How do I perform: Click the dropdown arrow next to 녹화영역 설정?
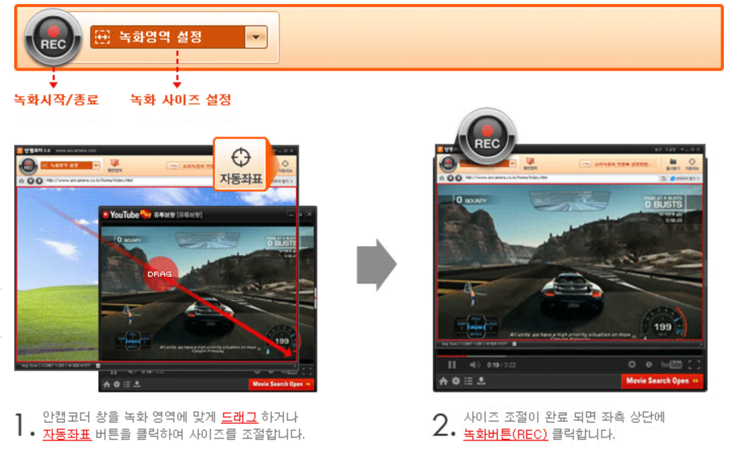tap(256, 37)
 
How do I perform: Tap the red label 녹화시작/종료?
tap(56, 99)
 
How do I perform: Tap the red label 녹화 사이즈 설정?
tap(180, 99)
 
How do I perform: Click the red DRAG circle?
tap(161, 274)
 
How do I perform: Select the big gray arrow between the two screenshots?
tap(376, 265)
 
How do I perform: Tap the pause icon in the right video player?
tap(452, 364)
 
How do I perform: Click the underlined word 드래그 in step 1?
tap(239, 417)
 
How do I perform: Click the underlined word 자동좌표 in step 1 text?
tap(66, 434)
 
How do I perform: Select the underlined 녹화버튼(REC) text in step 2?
tap(505, 434)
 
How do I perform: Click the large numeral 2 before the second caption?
tap(441, 425)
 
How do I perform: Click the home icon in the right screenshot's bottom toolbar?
tap(444, 381)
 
